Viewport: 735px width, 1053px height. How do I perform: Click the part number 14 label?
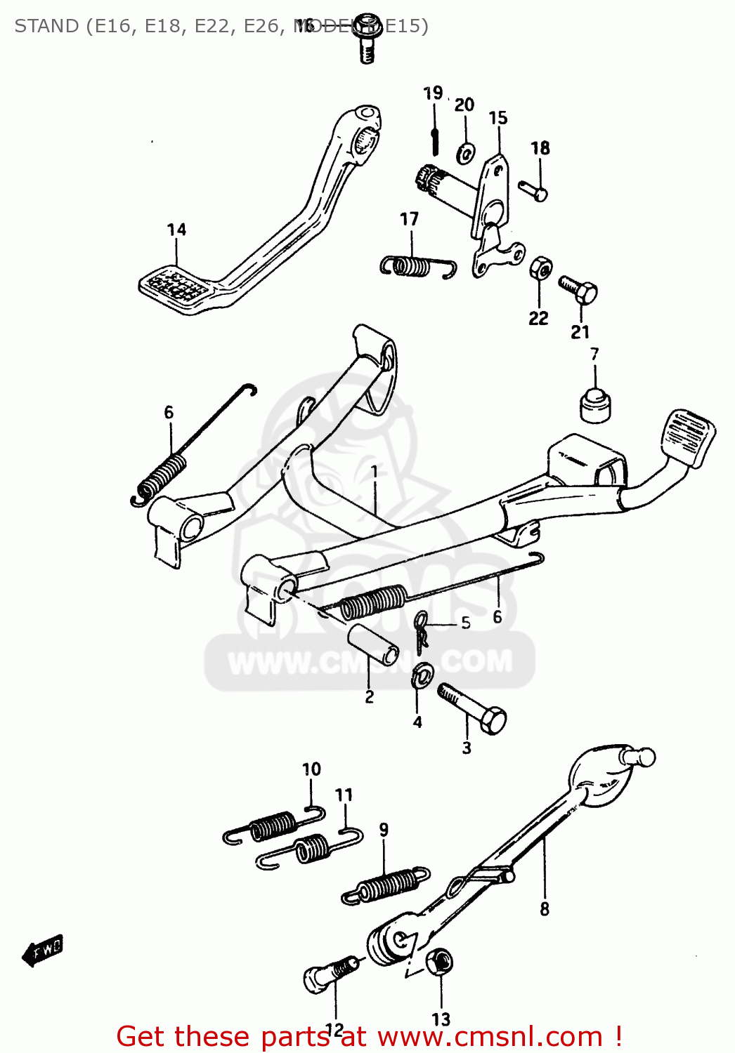pos(176,230)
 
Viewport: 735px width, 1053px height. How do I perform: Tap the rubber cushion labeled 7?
pos(595,405)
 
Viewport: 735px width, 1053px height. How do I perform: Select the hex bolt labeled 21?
pos(578,289)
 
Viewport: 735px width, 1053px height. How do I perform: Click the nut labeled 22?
pos(540,267)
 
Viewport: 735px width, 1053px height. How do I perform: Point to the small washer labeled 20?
pos(465,152)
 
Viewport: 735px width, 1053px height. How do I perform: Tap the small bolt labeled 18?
pos(533,190)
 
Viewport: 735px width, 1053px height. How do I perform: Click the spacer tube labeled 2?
pos(372,644)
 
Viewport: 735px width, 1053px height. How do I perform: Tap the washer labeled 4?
pos(422,675)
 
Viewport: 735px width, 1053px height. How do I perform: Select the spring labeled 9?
pos(386,885)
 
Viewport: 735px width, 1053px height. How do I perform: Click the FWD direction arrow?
pos(44,951)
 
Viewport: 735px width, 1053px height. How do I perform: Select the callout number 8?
pos(545,909)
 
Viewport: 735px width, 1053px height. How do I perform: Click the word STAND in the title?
pos(46,26)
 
